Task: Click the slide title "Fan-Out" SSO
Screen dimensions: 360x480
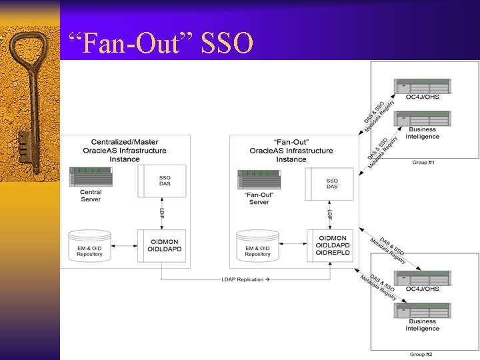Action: [x=160, y=43]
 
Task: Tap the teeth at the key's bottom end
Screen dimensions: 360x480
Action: [x=25, y=143]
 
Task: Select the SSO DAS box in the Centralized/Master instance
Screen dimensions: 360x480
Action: [x=164, y=181]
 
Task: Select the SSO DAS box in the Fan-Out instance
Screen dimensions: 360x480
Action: [x=331, y=183]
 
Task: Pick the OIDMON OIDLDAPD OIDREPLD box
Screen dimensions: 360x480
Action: [x=331, y=245]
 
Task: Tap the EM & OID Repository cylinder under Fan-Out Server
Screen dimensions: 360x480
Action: [x=257, y=245]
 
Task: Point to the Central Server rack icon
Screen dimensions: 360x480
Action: [x=91, y=177]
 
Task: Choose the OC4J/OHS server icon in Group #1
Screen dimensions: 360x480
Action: [x=422, y=86]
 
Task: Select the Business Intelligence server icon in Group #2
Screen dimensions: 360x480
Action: [x=422, y=311]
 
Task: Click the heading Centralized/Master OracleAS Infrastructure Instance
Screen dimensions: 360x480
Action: [x=125, y=151]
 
